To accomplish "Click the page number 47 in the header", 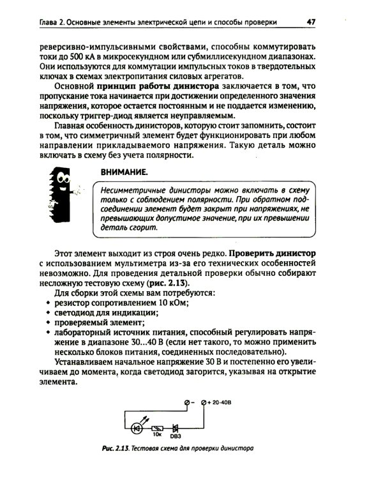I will click(312, 22).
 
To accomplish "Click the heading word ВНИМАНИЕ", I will click(123, 172).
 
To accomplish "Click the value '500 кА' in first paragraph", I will click(77, 57).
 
